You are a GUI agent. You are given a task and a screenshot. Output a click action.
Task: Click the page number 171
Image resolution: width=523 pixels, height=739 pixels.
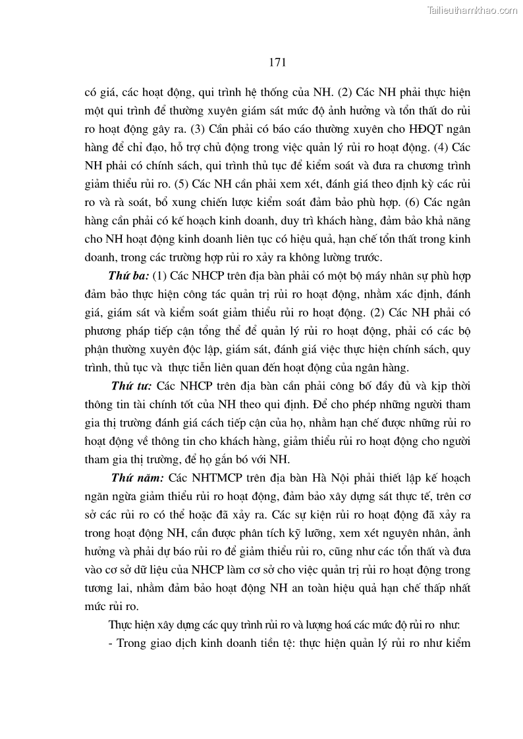click(277, 63)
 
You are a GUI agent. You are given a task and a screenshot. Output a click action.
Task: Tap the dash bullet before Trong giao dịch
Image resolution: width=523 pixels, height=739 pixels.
click(111, 642)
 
